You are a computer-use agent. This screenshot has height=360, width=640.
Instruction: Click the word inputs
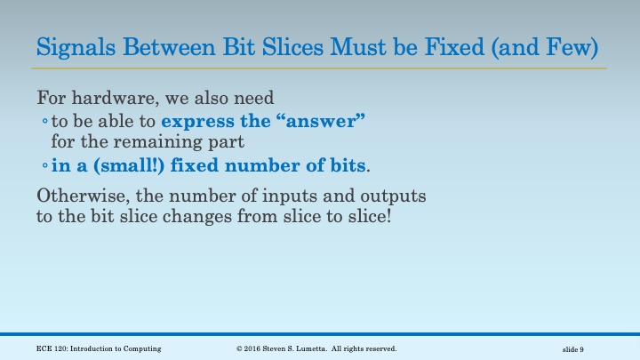[306, 196]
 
